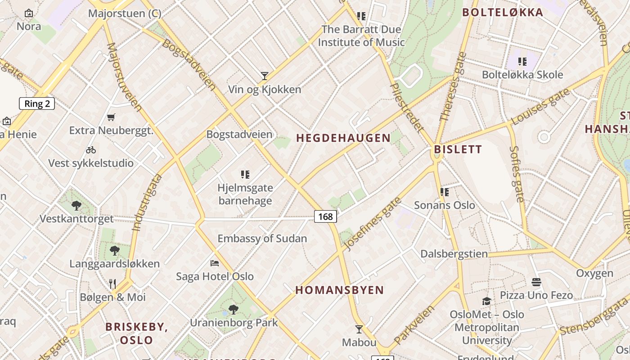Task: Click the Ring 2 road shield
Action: tap(37, 104)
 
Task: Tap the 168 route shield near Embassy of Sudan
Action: tap(325, 217)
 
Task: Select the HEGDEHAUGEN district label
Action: tap(343, 138)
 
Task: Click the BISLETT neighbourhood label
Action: tap(458, 149)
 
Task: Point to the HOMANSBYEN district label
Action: tap(340, 290)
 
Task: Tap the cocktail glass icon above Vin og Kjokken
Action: tap(265, 76)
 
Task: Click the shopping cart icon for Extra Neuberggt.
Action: tap(111, 117)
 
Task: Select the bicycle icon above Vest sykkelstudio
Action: tap(91, 150)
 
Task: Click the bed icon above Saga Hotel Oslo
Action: tap(215, 263)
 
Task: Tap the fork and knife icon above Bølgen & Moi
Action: tap(112, 283)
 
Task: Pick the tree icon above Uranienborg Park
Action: tap(233, 309)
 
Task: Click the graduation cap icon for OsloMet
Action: tap(486, 301)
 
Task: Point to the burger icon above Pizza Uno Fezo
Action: tap(536, 282)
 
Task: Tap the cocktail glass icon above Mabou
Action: tap(359, 329)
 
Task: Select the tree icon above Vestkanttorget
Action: tap(76, 206)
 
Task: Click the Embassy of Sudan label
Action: tap(262, 238)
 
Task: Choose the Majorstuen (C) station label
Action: tap(125, 13)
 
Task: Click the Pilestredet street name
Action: tap(406, 107)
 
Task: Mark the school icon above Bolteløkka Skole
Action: tap(522, 61)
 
